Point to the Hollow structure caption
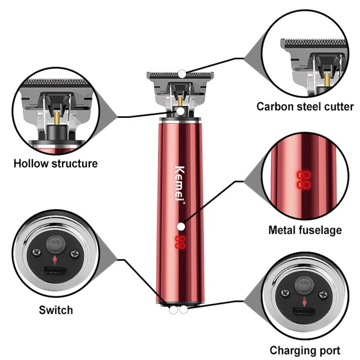[x=55, y=163]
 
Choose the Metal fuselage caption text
[x=305, y=230]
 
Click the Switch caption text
[x=55, y=310]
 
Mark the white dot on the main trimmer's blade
[x=181, y=73]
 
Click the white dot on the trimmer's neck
[x=180, y=111]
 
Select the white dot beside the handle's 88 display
[x=180, y=227]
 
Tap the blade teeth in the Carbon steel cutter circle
[x=315, y=43]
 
